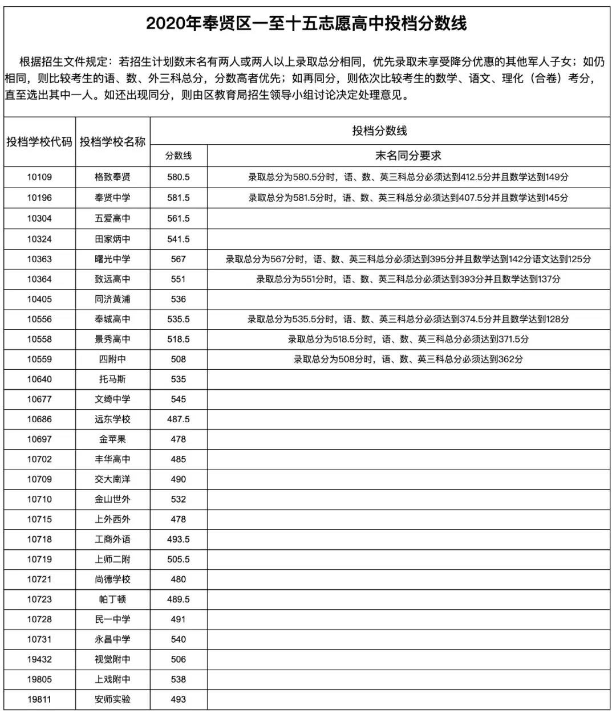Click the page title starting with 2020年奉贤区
[306, 23]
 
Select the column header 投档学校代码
[39, 142]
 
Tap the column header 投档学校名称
[112, 142]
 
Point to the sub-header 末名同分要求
[408, 156]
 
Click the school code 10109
[39, 177]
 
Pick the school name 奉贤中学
[112, 198]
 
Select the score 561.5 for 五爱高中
[179, 218]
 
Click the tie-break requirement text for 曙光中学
[408, 259]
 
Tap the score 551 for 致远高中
[179, 279]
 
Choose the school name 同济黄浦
[112, 299]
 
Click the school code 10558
[39, 339]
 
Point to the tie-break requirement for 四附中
[408, 359]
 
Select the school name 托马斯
[112, 379]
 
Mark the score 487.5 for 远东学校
[179, 419]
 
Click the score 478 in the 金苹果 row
[179, 439]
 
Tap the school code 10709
[39, 479]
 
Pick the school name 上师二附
[112, 559]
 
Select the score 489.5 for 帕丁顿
[179, 599]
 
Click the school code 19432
[39, 659]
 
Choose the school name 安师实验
[112, 699]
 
